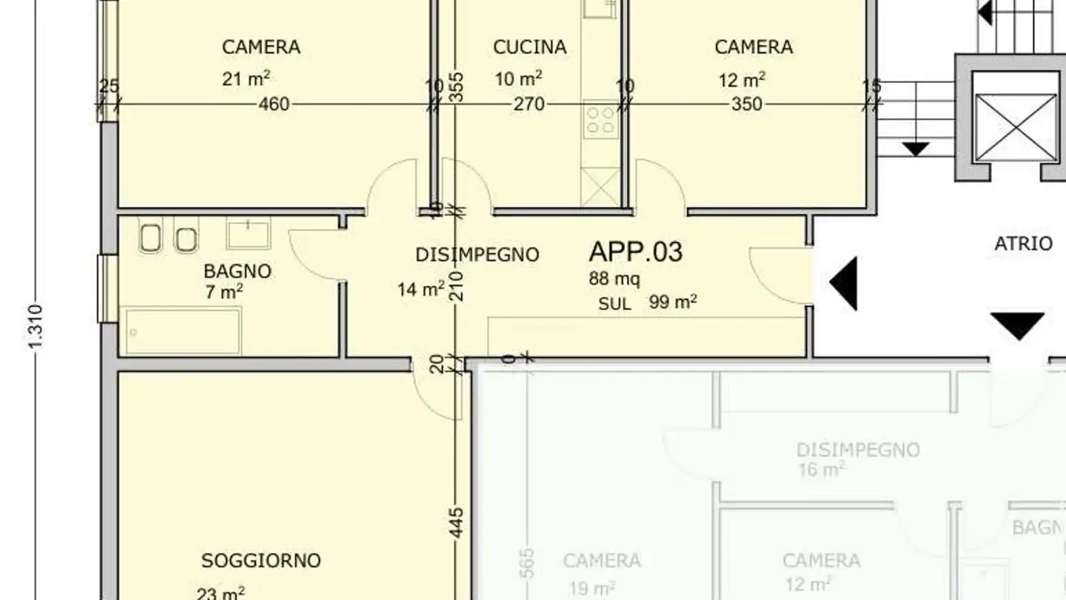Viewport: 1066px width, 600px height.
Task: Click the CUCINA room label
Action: coord(529,47)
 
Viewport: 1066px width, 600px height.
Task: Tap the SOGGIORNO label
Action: coord(261,561)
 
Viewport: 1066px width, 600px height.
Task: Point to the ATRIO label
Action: coord(1023,244)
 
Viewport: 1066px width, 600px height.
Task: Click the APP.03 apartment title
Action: coord(635,252)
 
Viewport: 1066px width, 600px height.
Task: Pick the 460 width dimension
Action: coord(274,105)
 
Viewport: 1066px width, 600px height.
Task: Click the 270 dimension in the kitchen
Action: coord(529,105)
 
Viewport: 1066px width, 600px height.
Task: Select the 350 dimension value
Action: coord(746,105)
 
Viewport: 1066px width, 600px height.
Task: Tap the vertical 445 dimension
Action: coord(457,522)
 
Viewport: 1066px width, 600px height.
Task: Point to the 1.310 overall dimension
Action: coord(37,327)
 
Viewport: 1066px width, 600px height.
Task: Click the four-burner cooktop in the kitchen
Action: coord(600,120)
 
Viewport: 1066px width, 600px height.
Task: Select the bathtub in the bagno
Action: coord(183,331)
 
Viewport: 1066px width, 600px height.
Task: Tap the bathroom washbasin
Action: coord(248,233)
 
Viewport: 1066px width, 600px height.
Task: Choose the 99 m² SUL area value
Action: coord(673,302)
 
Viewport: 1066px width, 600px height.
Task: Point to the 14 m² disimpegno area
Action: coord(420,289)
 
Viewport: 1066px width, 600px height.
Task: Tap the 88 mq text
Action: coord(614,279)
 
